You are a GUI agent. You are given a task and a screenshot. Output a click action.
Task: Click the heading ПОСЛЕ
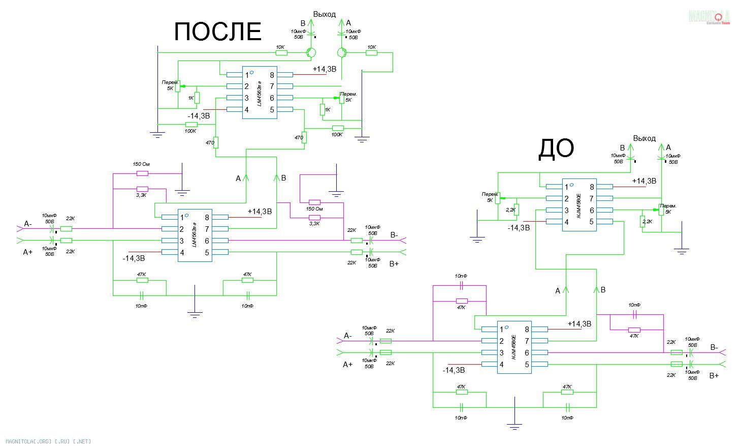pos(217,32)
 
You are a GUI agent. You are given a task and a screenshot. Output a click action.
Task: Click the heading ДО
pos(556,148)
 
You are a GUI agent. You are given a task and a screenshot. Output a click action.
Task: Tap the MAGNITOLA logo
pos(709,17)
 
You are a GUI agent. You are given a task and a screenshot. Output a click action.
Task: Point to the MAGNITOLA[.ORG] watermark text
pos(46,441)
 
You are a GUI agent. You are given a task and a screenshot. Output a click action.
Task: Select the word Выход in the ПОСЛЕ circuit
pos(325,14)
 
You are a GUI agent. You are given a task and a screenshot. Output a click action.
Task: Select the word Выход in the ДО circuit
pos(644,138)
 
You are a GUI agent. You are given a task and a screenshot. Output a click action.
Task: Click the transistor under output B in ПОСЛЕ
pos(311,52)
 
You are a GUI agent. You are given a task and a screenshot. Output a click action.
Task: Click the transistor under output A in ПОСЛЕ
pos(342,52)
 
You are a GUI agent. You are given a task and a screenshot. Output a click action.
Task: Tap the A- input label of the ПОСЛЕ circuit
pos(28,224)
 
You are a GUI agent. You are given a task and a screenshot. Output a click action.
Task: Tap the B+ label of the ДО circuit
pos(714,376)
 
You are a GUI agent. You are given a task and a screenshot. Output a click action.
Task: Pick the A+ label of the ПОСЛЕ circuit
pos(28,252)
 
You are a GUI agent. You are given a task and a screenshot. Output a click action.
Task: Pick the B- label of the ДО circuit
pos(714,347)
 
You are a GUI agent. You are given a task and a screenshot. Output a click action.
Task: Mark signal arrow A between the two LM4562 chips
pos(246,178)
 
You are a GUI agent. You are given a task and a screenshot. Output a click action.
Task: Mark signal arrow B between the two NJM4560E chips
pos(596,290)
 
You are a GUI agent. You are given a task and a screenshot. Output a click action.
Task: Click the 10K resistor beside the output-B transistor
pos(281,52)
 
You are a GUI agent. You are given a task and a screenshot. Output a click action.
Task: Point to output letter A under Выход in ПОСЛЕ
pos(348,23)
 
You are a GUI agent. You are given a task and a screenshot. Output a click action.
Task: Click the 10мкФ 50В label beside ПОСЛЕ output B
pos(298,34)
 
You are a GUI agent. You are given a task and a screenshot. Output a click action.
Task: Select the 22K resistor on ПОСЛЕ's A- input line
pos(67,229)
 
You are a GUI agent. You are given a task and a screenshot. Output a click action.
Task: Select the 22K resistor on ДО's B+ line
pos(676,364)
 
